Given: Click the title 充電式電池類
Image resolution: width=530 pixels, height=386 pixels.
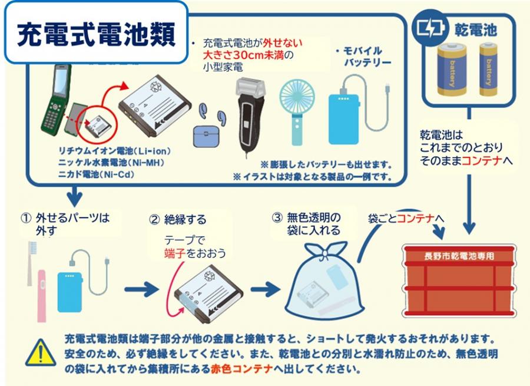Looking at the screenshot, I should coord(96,34).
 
